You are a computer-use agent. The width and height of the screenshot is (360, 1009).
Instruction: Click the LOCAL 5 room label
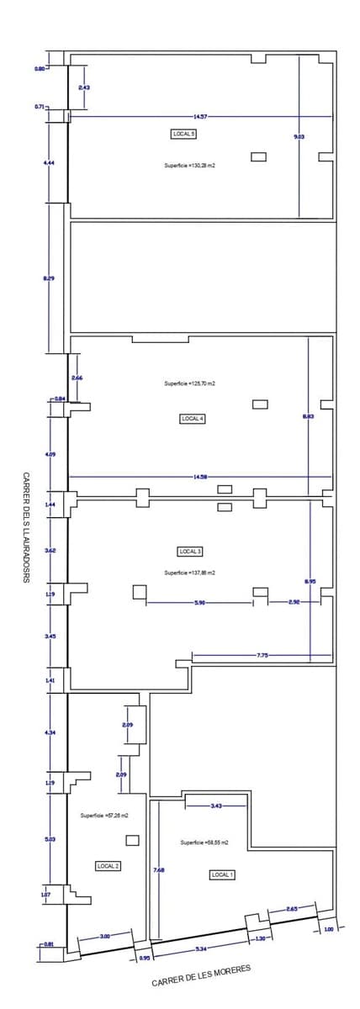tap(183, 134)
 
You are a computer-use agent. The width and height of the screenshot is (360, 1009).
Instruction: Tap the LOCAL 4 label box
tap(192, 418)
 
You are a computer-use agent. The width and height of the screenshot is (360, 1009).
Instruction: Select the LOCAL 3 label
tap(189, 552)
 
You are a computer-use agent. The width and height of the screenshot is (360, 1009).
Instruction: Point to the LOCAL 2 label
tap(108, 865)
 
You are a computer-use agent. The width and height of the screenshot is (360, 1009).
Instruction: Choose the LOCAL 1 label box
tap(222, 874)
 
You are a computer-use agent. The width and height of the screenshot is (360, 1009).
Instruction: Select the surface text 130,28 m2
tap(189, 166)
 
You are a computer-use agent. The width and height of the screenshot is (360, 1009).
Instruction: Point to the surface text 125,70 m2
tap(189, 383)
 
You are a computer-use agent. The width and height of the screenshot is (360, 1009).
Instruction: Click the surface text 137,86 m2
tap(189, 572)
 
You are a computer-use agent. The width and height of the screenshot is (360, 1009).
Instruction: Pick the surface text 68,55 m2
tap(204, 842)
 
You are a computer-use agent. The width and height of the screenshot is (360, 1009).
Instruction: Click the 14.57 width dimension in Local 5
tap(200, 116)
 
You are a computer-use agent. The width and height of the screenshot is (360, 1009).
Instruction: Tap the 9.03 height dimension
tap(299, 135)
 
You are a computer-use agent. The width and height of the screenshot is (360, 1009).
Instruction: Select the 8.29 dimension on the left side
tap(49, 277)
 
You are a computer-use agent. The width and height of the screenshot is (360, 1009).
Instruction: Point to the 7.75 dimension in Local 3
tap(262, 654)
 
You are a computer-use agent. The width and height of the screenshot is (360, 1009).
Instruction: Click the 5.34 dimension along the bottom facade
tap(200, 948)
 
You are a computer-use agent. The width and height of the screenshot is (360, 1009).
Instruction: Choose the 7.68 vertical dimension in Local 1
tap(158, 870)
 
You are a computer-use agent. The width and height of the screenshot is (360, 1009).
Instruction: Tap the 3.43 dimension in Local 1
tap(217, 806)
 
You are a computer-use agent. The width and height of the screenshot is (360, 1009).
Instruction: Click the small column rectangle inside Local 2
tap(132, 840)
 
